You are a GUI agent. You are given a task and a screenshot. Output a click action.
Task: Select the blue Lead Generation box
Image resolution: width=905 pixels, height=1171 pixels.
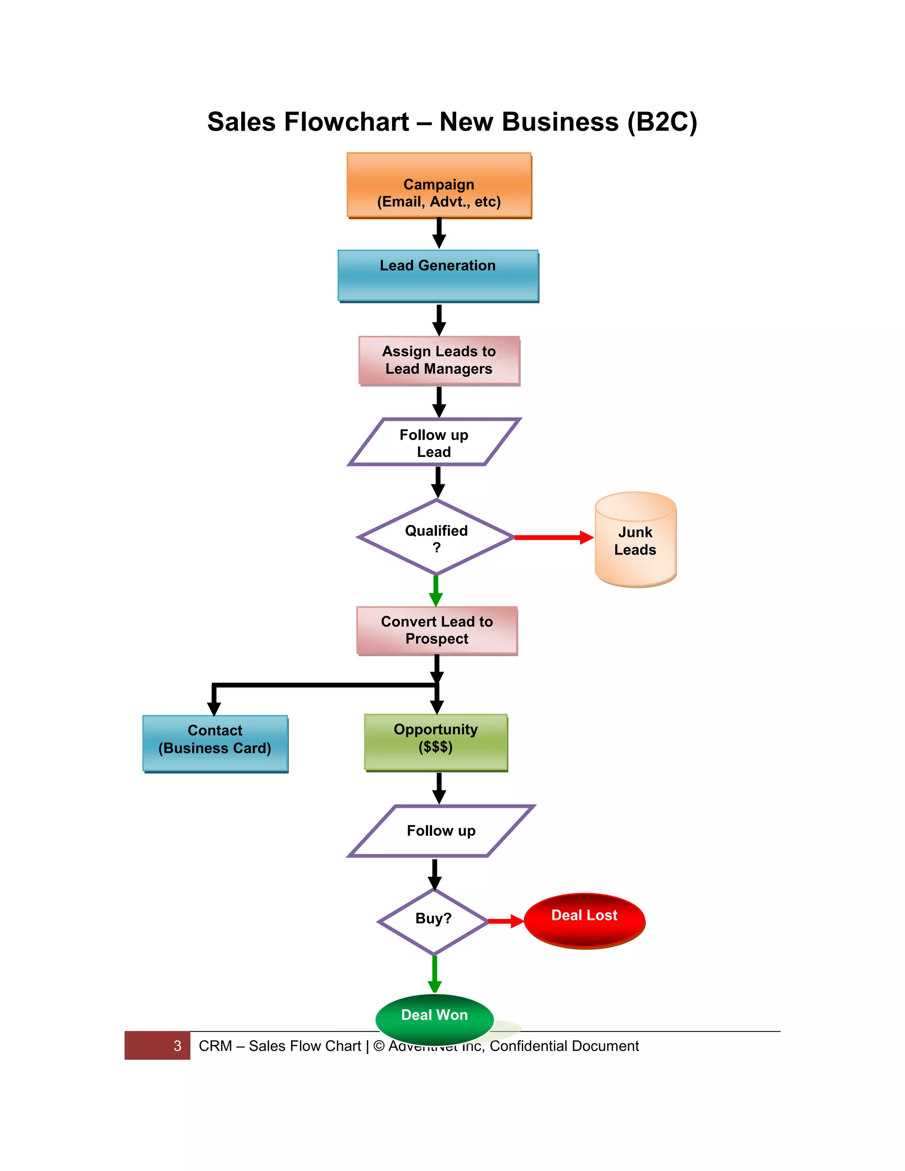[437, 276]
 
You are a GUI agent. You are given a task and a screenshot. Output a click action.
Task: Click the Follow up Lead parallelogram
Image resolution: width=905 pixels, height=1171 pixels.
[434, 442]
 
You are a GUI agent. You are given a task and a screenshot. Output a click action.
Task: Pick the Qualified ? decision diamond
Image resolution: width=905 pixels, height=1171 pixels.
[436, 538]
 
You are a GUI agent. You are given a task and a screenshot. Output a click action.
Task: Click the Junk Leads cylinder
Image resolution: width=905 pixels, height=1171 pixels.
[635, 540]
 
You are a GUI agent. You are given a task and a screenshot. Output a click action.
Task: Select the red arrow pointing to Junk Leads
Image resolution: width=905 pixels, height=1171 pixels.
[552, 537]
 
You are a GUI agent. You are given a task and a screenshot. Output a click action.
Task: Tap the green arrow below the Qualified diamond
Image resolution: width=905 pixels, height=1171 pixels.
[436, 590]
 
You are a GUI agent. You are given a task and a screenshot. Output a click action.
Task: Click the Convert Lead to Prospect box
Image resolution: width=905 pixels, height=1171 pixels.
[437, 630]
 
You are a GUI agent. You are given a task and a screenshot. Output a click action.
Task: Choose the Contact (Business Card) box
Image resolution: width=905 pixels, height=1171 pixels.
[215, 743]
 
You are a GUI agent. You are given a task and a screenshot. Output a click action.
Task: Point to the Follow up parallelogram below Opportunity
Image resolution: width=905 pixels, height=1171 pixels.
[441, 831]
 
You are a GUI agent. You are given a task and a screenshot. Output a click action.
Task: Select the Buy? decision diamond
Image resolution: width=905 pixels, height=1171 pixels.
[433, 922]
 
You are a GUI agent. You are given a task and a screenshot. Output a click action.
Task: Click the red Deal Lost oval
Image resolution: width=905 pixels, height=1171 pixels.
[584, 920]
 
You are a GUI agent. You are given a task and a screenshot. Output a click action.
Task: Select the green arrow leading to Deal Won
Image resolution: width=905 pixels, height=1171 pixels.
[434, 973]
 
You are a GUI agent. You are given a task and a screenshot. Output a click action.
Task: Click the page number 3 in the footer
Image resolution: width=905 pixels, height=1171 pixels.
[178, 1046]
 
